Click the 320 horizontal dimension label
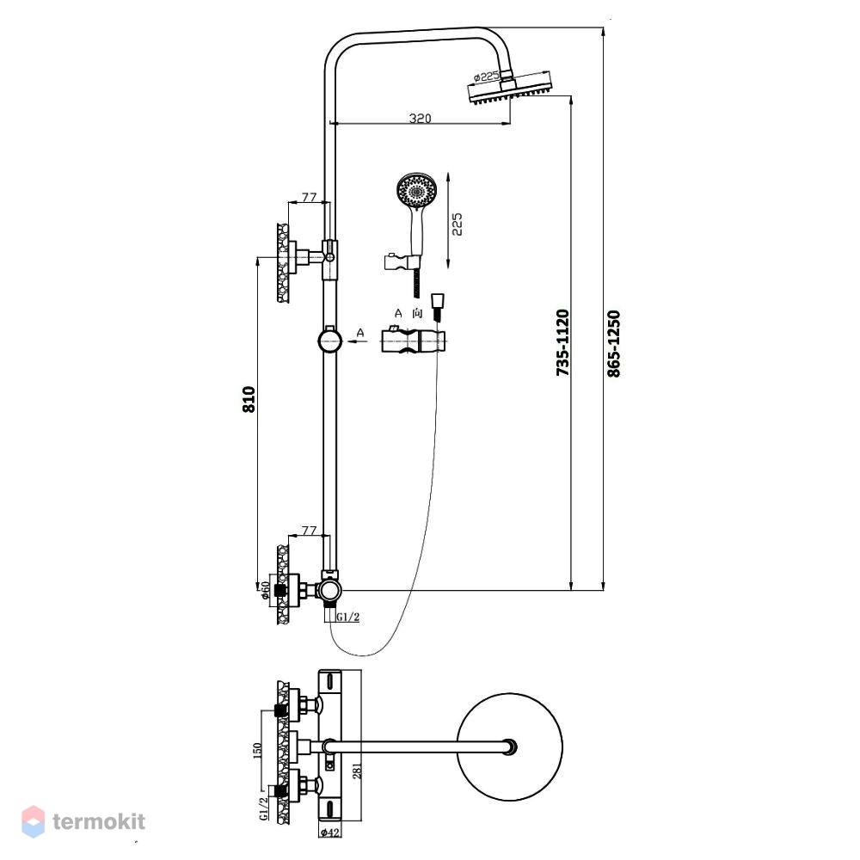point(421,118)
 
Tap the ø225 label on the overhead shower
point(487,77)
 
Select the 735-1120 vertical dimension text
point(562,342)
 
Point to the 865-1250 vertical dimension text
point(614,344)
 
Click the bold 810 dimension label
point(249,399)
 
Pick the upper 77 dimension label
point(310,196)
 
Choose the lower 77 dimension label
point(310,531)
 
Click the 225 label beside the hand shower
point(457,224)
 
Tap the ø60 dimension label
point(265,590)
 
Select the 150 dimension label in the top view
point(257,751)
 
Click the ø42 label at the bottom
point(329,832)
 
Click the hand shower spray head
point(417,190)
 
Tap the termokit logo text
point(99,821)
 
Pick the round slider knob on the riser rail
point(329,341)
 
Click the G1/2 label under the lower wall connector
point(348,617)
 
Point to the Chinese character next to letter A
point(417,313)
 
